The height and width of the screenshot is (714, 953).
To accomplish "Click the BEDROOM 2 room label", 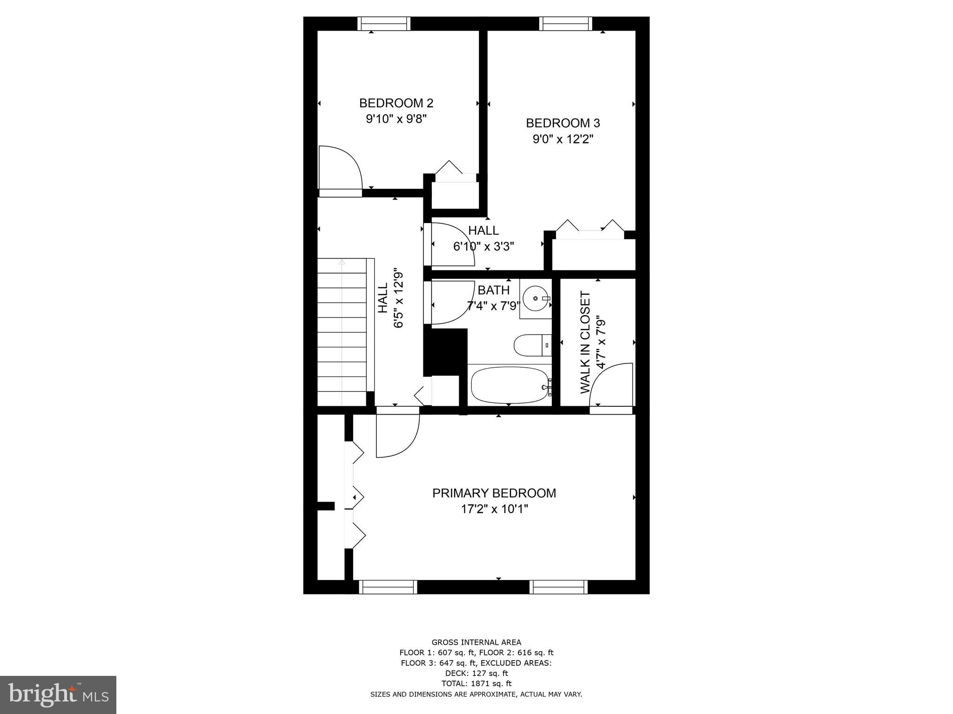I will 396,103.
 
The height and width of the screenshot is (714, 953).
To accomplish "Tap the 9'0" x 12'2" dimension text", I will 563,139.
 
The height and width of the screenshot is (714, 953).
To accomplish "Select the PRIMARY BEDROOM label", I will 494,493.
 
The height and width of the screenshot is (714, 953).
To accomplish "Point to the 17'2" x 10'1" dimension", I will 494,509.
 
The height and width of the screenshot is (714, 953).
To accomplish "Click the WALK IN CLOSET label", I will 585,343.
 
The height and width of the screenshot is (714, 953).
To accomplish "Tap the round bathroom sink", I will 535,298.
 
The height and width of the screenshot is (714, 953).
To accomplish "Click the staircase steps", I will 342,332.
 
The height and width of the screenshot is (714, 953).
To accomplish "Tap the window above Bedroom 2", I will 384,24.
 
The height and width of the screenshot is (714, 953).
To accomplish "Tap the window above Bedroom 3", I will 565,24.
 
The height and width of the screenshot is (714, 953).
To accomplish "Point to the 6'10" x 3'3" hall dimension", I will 483,246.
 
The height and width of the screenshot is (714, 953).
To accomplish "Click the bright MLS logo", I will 58,694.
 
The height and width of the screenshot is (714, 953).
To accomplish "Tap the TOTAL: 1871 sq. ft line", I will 476,683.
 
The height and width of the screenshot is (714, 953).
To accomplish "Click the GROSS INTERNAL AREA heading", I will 476,642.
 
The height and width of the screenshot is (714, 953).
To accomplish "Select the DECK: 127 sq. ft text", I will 476,673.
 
